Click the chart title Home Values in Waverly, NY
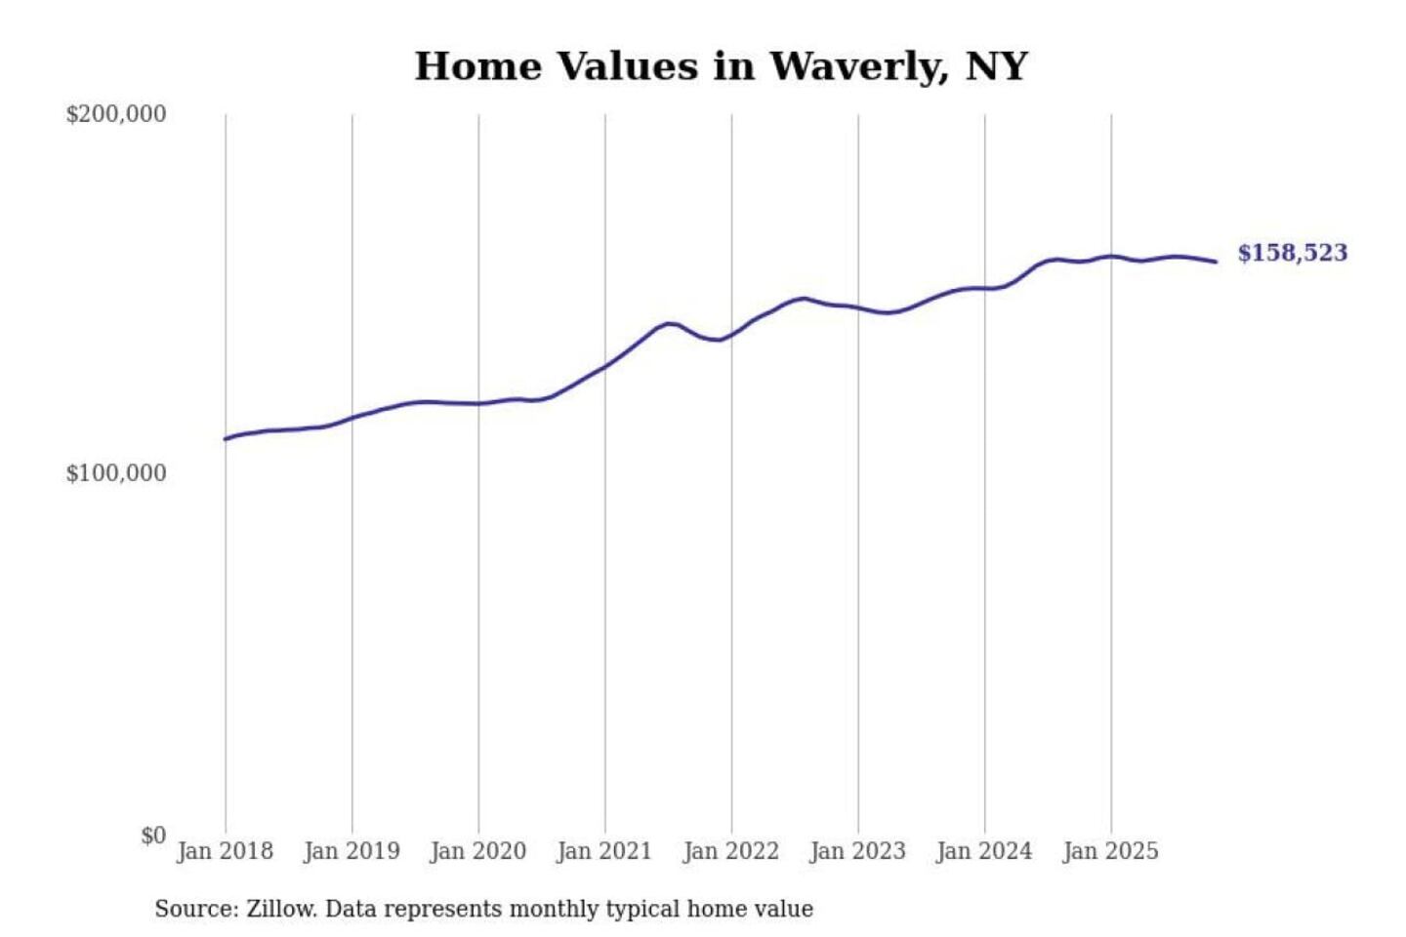click(721, 66)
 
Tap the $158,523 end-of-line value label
click(1292, 253)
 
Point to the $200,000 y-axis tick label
click(116, 114)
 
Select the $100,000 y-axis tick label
click(116, 473)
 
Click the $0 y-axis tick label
click(153, 835)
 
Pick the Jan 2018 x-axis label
click(225, 851)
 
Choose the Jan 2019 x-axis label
click(351, 851)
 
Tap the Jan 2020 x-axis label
click(478, 851)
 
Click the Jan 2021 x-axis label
click(604, 851)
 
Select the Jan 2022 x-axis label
click(731, 851)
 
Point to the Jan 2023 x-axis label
click(858, 851)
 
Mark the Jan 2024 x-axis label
click(984, 851)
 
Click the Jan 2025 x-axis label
click(1111, 851)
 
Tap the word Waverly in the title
click(857, 66)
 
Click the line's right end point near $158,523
click(1216, 262)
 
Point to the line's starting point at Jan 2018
click(226, 438)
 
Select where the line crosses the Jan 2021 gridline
click(605, 366)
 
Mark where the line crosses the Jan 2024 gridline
click(985, 288)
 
